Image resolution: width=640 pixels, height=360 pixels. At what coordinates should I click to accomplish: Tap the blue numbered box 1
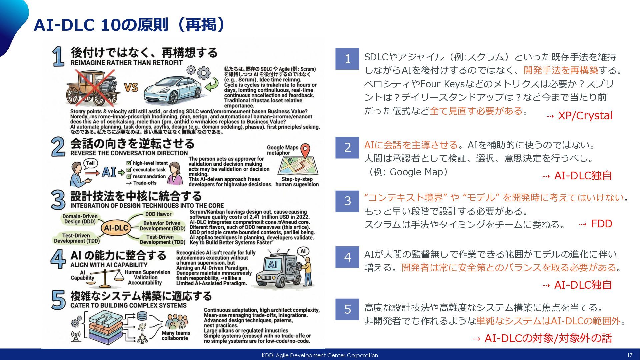pos(347,59)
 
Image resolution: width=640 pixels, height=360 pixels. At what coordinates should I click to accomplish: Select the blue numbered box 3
pos(347,201)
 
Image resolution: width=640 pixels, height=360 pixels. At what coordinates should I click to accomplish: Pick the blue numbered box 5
pos(347,309)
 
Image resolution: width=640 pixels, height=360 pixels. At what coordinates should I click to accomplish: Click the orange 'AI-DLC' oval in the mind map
pos(116,228)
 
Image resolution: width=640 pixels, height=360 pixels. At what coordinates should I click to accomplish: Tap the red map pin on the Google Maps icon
pos(305,150)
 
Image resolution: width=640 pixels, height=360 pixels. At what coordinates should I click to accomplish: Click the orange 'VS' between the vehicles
pos(131,87)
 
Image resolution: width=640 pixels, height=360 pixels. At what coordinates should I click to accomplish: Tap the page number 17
pos(629,355)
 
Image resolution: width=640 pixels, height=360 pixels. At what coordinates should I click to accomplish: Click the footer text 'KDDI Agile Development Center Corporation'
pos(320,355)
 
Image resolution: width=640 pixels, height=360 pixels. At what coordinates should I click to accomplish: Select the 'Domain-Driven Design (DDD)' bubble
pos(80,219)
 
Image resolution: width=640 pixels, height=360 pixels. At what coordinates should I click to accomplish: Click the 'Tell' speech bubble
pos(90,163)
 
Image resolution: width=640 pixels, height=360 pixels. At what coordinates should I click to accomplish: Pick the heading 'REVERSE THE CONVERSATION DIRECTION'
pos(129,153)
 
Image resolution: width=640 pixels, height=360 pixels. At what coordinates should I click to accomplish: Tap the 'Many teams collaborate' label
pos(176,335)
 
